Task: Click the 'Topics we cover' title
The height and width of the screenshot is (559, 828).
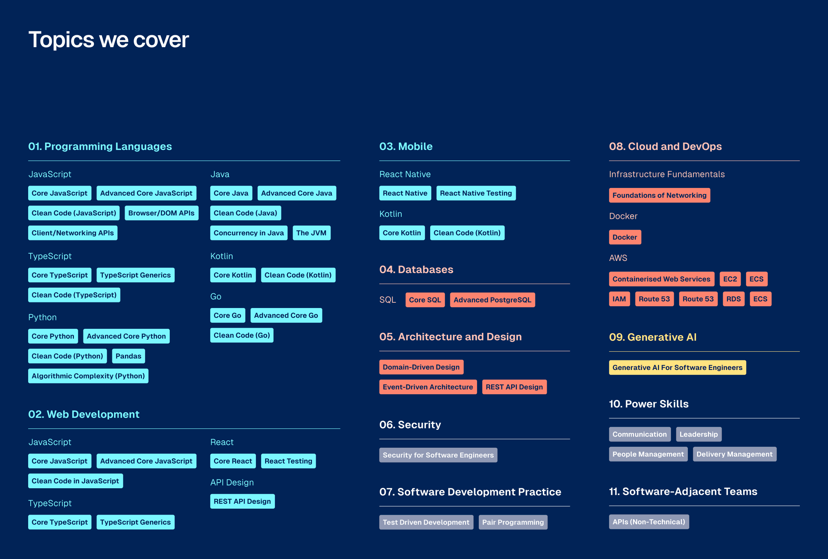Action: coord(108,39)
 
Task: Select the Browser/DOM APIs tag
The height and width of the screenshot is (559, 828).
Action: coord(161,213)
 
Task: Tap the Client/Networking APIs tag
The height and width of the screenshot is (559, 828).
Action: coord(73,233)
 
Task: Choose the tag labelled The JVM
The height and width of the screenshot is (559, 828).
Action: coord(312,233)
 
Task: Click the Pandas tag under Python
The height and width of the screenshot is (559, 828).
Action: coord(128,356)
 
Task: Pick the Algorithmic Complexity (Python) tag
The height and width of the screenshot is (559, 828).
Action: coord(88,376)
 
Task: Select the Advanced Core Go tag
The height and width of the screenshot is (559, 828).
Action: coord(286,315)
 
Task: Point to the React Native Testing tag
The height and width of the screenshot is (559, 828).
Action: coord(476,193)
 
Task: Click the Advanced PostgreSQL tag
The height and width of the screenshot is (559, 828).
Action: coord(493,300)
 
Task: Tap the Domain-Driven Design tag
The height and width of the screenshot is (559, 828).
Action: coord(421,367)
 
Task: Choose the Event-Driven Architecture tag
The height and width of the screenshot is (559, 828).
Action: coord(428,387)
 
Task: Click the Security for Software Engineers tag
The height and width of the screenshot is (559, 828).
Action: coord(438,455)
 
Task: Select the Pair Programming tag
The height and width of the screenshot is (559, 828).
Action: coord(513,522)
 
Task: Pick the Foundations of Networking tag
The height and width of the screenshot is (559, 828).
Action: coord(659,195)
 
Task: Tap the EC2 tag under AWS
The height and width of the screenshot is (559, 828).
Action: coord(730,279)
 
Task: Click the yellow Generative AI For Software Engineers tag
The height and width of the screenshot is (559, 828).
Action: coord(678,367)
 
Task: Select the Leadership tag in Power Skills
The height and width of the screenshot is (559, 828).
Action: coord(699,434)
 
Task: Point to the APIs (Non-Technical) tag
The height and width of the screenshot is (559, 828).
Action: coord(649,522)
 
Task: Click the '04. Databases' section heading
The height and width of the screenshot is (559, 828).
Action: coord(416,269)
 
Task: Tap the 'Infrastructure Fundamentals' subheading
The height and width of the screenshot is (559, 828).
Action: coord(667,174)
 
